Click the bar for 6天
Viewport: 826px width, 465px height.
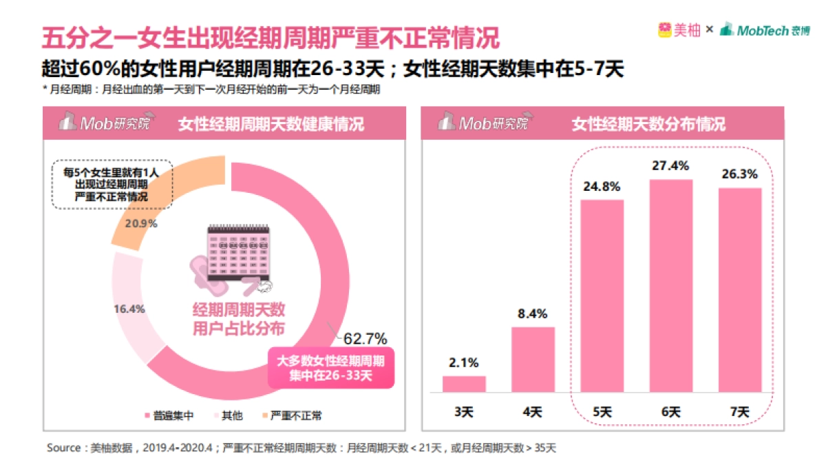click(x=670, y=285)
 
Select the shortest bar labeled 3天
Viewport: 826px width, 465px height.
click(x=464, y=384)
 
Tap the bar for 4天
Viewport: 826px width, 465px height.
click(x=533, y=359)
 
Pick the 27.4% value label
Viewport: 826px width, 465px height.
click(x=670, y=166)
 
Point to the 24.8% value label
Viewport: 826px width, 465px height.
click(x=602, y=186)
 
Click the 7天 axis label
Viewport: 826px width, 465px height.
click(x=739, y=412)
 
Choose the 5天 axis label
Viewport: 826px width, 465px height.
click(x=602, y=412)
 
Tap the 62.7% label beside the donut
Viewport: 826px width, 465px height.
click(x=365, y=338)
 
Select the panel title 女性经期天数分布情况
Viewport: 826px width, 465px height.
click(x=648, y=124)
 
